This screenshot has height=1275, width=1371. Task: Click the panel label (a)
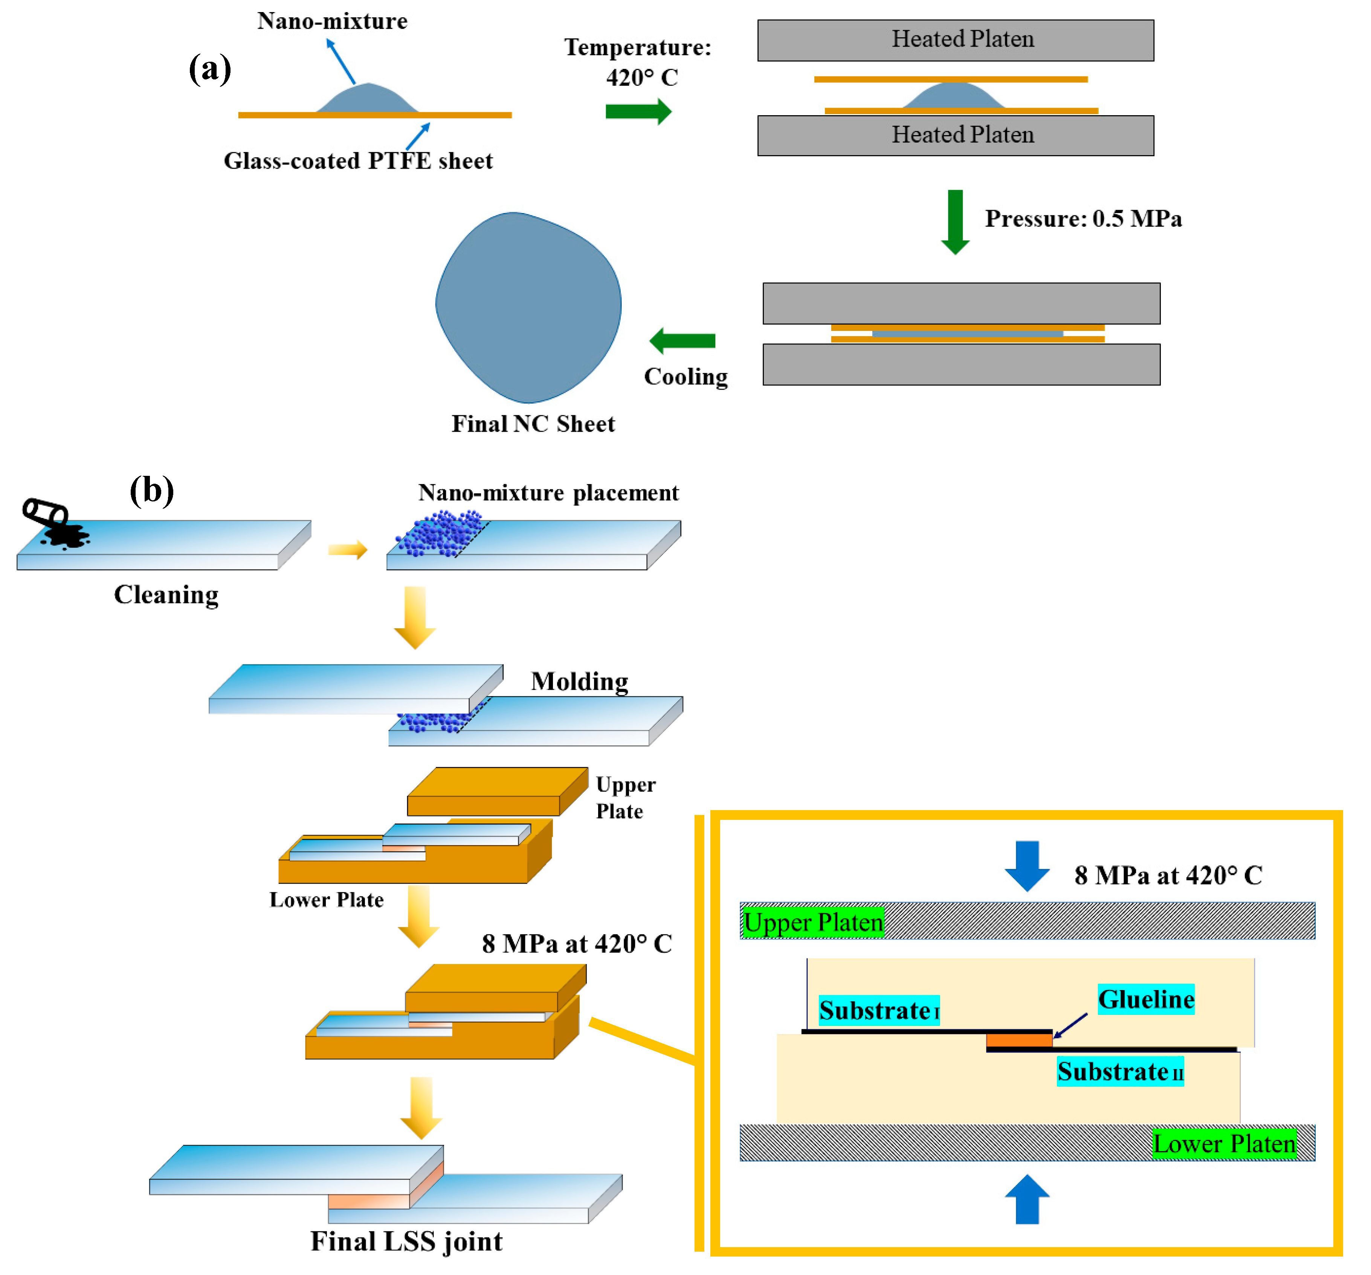[x=210, y=70]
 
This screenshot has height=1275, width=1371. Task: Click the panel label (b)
[x=152, y=491]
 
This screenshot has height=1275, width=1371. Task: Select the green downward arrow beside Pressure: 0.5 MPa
[x=955, y=222]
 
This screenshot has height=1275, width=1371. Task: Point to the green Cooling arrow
[x=682, y=340]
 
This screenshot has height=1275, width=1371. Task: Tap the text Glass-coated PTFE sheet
[x=358, y=161]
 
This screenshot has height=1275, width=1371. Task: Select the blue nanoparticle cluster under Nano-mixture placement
[x=441, y=533]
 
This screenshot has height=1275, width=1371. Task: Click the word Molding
[x=579, y=682]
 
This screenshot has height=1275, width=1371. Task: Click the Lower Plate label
[x=326, y=900]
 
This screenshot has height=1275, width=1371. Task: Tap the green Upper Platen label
[x=813, y=923]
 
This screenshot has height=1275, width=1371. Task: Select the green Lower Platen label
[x=1224, y=1144]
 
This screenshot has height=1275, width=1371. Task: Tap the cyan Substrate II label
[x=1120, y=1072]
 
